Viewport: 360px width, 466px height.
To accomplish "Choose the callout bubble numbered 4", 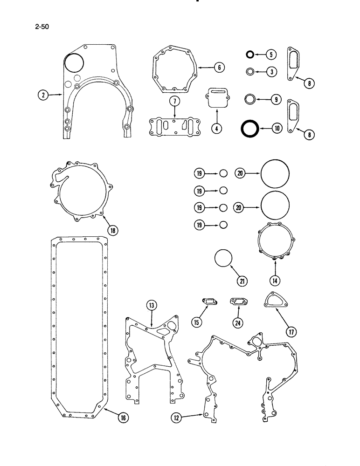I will (x=215, y=129).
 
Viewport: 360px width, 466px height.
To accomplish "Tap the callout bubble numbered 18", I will (x=112, y=229).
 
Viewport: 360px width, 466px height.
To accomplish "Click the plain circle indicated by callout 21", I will (x=223, y=259).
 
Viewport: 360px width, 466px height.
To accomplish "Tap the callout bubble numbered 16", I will (x=123, y=418).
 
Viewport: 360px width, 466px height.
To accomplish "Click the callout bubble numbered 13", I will (x=152, y=305).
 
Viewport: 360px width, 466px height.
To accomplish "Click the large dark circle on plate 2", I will (x=73, y=63).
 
